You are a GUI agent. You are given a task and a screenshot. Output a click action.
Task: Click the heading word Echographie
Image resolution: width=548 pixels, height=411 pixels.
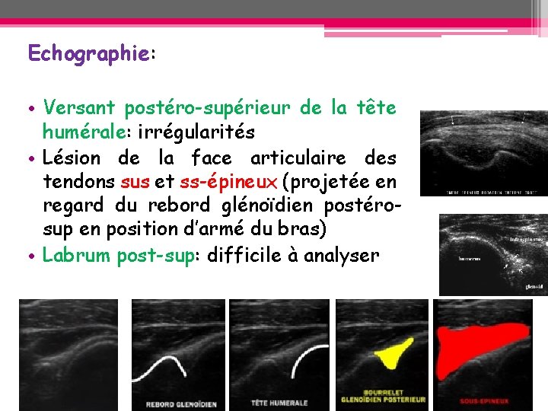tap(89, 53)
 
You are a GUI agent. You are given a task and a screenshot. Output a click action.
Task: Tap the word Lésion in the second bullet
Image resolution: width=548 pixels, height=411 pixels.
tap(72, 158)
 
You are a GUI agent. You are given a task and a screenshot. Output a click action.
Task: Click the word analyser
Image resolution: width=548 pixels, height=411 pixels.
tap(342, 255)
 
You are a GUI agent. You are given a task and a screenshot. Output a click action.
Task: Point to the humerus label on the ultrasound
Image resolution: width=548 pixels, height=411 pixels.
tap(469, 258)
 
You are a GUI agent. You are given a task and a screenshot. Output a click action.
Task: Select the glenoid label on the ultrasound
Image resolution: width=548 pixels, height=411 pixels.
tap(534, 287)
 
